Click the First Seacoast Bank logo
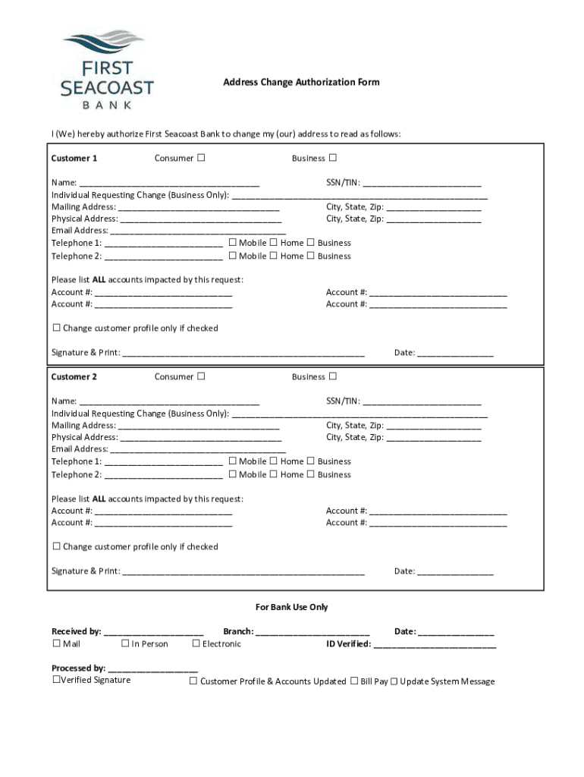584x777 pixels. [106, 69]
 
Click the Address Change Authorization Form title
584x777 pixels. [301, 82]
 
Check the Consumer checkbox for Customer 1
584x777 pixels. [201, 158]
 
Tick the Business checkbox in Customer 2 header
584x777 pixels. [332, 376]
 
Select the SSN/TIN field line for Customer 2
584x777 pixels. [422, 402]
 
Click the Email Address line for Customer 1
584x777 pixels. [198, 231]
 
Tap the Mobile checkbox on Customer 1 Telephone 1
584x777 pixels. [233, 243]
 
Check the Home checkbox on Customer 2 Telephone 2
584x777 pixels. [273, 474]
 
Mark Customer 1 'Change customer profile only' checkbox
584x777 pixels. [56, 328]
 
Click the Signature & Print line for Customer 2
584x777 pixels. [243, 572]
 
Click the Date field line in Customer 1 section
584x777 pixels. [455, 354]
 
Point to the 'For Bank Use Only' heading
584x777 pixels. [291, 607]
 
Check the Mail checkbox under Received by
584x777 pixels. [56, 643]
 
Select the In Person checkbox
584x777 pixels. [125, 643]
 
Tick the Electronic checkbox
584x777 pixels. [196, 643]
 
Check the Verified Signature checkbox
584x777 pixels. [55, 680]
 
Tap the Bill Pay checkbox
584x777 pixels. [354, 681]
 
